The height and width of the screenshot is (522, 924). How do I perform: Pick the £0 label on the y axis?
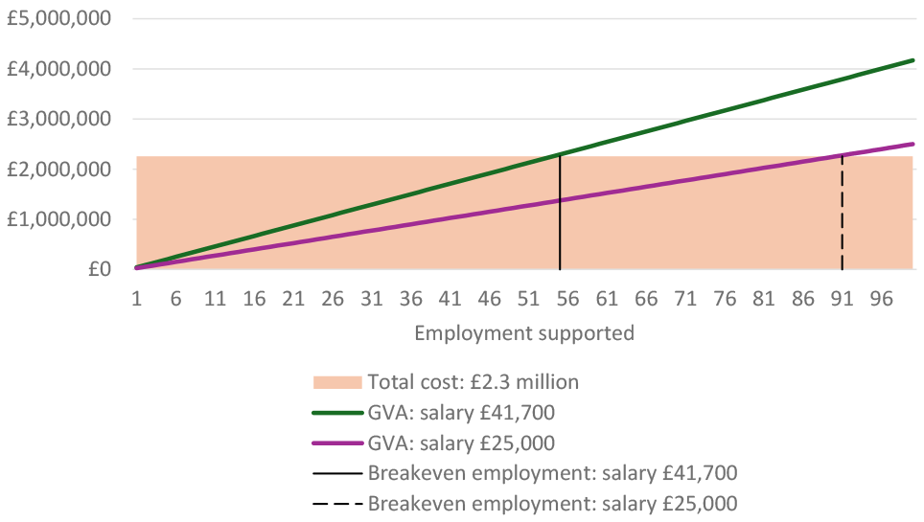[x=99, y=269]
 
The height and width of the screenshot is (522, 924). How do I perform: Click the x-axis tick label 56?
[x=567, y=299]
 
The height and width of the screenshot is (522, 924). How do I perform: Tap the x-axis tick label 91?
[x=842, y=299]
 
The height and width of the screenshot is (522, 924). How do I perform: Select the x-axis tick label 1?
[x=137, y=299]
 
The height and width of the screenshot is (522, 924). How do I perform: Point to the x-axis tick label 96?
[x=881, y=299]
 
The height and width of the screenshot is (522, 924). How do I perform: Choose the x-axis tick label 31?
[x=372, y=299]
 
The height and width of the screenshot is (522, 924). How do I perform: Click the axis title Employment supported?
[x=524, y=333]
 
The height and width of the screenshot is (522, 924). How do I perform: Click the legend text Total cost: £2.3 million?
[x=474, y=382]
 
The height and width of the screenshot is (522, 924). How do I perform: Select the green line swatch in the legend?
[x=337, y=413]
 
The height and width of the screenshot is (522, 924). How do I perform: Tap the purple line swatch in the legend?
[x=337, y=443]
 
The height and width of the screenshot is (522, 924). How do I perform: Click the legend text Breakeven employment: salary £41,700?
[x=552, y=473]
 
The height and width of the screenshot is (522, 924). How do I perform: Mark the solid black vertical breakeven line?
[x=560, y=220]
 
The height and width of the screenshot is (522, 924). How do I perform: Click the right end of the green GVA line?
[x=912, y=60]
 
